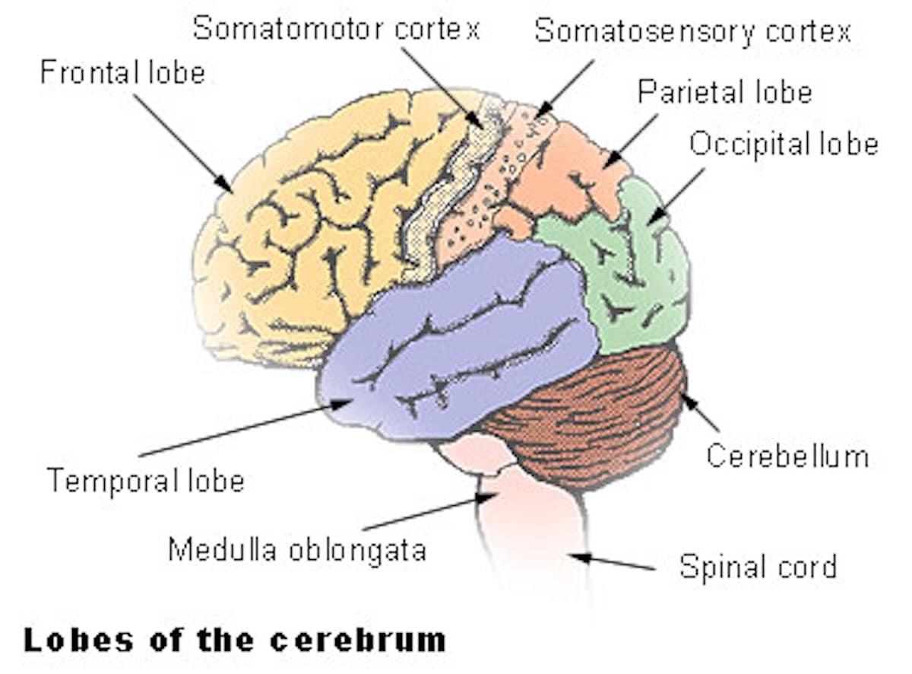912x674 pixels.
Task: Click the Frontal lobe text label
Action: pyautogui.click(x=122, y=72)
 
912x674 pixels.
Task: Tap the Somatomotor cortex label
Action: pyautogui.click(x=336, y=29)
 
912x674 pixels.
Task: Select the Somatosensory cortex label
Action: pyautogui.click(x=692, y=31)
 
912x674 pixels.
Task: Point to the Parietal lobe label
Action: pyautogui.click(x=724, y=92)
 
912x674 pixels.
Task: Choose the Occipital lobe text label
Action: pyautogui.click(x=784, y=144)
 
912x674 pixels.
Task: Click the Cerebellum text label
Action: pyautogui.click(x=787, y=456)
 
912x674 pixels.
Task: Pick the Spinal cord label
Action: pyautogui.click(x=758, y=567)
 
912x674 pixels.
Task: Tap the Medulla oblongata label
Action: pyautogui.click(x=297, y=549)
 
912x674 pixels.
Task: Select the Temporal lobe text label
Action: pyautogui.click(x=146, y=481)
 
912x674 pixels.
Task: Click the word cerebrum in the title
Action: pyautogui.click(x=358, y=640)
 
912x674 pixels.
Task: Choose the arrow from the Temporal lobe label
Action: pyautogui.click(x=243, y=430)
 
